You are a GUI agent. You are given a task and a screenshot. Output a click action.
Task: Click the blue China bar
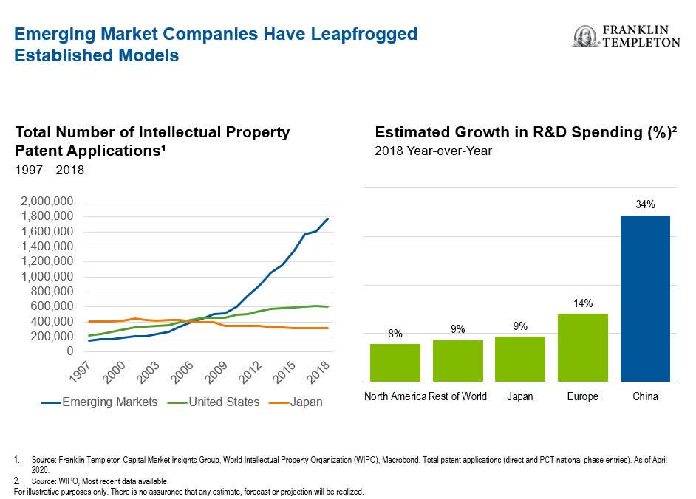(x=645, y=298)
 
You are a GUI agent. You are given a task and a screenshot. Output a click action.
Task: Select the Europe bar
(x=582, y=347)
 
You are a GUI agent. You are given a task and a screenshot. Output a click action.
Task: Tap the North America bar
(x=395, y=362)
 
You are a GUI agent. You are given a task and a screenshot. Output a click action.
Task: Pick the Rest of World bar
(x=457, y=360)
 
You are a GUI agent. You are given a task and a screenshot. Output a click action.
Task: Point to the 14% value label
(x=583, y=303)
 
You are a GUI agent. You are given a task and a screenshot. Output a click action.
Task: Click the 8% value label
(x=395, y=334)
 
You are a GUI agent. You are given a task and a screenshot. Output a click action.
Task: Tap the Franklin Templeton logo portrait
(x=585, y=35)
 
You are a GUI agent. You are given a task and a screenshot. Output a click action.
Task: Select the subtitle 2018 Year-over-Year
(x=434, y=151)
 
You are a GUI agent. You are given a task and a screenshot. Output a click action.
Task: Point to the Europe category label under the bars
(x=582, y=396)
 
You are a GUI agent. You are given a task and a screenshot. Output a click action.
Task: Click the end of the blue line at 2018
(x=328, y=218)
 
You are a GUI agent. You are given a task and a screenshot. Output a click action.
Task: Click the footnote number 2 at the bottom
(x=17, y=481)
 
